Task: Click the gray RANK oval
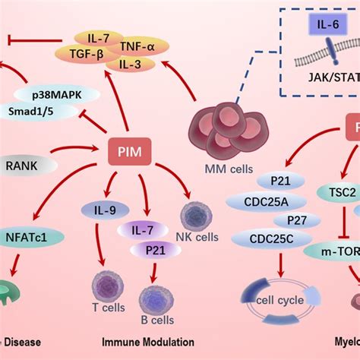pyautogui.click(x=23, y=163)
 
